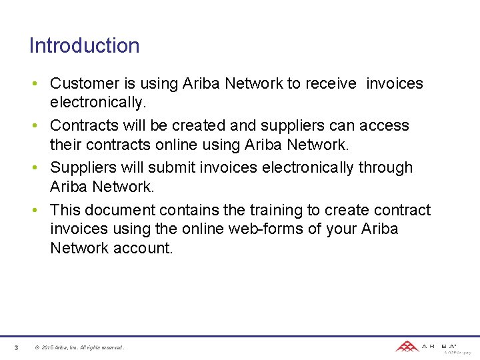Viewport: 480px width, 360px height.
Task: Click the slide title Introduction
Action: coord(84,46)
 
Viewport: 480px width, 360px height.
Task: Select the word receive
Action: coord(332,83)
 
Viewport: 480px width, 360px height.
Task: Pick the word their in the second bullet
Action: coord(65,143)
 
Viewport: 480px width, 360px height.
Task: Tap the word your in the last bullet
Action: coord(341,229)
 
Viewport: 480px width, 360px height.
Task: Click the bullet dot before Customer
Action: coord(41,84)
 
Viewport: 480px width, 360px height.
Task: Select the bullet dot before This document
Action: coord(41,211)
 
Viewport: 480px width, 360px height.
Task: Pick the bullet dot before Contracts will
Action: coord(41,126)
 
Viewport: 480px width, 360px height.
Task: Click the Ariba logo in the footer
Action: coord(427,347)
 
